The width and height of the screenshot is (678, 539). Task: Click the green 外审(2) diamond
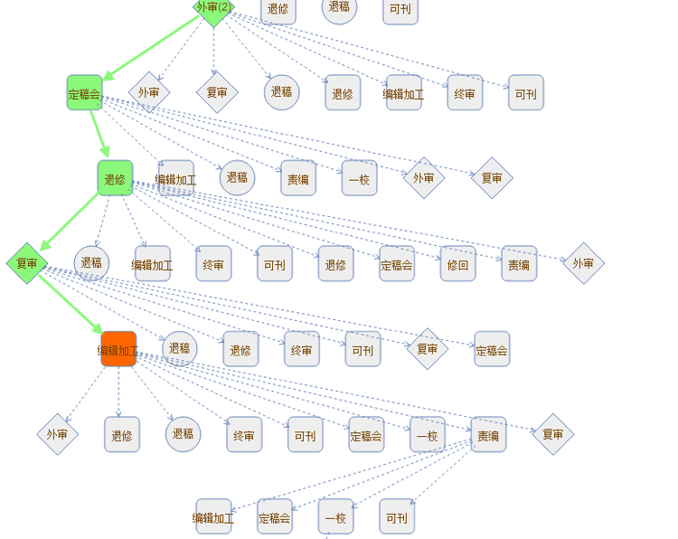tap(213, 7)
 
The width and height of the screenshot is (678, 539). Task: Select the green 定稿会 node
tap(85, 92)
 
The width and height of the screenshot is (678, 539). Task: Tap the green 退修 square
tap(115, 178)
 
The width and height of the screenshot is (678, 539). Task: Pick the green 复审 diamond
tap(27, 263)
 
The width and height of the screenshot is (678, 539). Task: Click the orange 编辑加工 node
tap(118, 349)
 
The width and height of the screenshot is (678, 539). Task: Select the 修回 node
tap(458, 264)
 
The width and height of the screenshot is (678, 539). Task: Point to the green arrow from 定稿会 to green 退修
tap(99, 135)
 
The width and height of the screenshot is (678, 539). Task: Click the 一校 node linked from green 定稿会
tap(359, 179)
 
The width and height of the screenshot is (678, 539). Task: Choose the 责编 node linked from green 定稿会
tap(298, 179)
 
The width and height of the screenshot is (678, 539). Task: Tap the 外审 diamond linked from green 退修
tap(583, 263)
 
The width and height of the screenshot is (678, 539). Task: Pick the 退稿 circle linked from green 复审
tap(180, 348)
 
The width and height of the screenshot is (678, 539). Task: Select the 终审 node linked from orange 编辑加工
tap(244, 435)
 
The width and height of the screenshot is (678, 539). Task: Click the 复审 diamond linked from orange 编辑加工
tap(552, 434)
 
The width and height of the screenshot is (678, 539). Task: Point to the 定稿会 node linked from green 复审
tap(492, 349)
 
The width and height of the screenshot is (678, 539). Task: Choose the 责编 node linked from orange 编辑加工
tap(489, 435)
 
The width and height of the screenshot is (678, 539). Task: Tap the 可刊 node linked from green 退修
tap(275, 264)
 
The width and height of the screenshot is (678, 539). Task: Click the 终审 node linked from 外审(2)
tap(465, 92)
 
